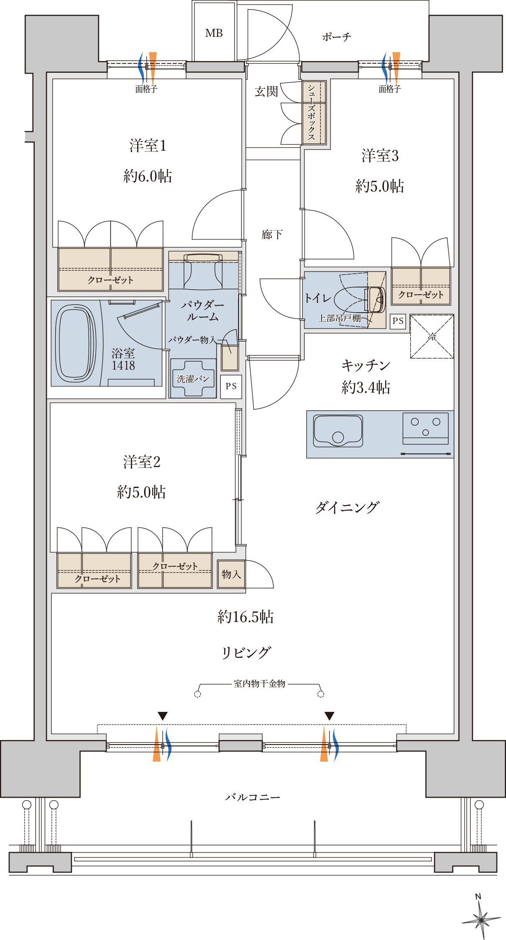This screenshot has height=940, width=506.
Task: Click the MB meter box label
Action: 214,33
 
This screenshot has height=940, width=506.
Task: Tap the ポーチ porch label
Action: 336,37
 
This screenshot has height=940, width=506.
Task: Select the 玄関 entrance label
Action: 266,91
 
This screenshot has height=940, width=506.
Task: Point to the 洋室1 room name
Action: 148,146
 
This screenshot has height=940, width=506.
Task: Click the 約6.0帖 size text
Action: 148,176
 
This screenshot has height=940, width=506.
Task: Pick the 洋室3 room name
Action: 380,156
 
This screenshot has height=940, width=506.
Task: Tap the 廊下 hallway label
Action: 272,234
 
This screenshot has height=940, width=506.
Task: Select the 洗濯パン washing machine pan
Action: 193,379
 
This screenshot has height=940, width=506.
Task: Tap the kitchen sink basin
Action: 338,431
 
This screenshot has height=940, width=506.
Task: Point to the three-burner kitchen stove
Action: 426,428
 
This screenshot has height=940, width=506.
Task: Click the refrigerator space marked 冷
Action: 432,336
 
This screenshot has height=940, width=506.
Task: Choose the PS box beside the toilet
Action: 398,321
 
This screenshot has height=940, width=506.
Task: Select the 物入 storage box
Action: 231,574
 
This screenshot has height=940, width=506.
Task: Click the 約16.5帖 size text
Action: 245,617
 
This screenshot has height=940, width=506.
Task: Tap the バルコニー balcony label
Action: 253,797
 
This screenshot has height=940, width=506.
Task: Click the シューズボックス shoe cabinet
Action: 314,113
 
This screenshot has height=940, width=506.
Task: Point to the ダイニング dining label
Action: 347,508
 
